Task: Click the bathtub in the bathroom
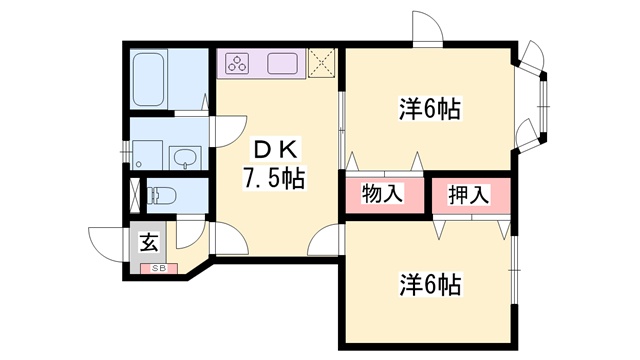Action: pyautogui.click(x=149, y=79)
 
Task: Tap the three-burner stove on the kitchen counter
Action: pyautogui.click(x=237, y=63)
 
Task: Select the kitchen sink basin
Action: pyautogui.click(x=282, y=63)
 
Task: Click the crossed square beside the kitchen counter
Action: pyautogui.click(x=321, y=62)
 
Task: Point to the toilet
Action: pyautogui.click(x=161, y=196)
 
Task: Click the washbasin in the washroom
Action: pyautogui.click(x=186, y=157)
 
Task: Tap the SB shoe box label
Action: pyautogui.click(x=159, y=269)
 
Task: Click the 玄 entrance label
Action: pyautogui.click(x=148, y=242)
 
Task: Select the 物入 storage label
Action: pyautogui.click(x=382, y=193)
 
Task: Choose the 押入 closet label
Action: pyautogui.click(x=469, y=194)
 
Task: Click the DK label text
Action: pyautogui.click(x=276, y=150)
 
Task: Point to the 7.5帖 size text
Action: pyautogui.click(x=274, y=178)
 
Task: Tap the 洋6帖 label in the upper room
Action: pyautogui.click(x=430, y=109)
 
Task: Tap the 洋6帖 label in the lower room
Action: pyautogui.click(x=430, y=284)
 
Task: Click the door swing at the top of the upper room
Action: pyautogui.click(x=427, y=27)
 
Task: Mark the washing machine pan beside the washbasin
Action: pyautogui.click(x=147, y=155)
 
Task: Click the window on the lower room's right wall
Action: pyautogui.click(x=514, y=270)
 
